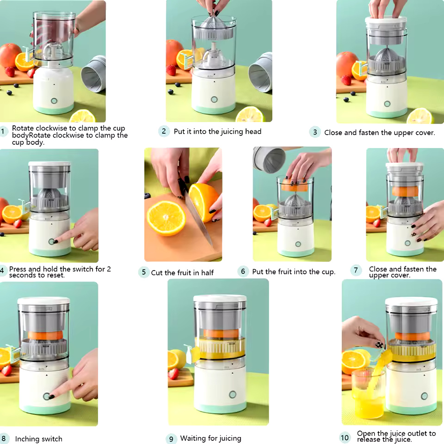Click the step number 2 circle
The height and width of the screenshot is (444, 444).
point(164,131)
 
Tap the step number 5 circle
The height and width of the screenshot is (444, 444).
point(144,272)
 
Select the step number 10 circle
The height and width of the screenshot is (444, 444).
point(345,438)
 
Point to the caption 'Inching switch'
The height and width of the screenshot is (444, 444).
point(38,438)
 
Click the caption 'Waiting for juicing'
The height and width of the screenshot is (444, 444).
point(211,438)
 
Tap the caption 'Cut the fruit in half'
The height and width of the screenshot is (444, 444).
point(182,272)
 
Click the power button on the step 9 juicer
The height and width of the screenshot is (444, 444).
point(233,395)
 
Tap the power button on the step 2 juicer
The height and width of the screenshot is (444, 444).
point(214,99)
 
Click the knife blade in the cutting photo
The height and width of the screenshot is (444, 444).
point(198,218)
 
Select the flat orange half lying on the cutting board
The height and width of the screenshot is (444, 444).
point(166,218)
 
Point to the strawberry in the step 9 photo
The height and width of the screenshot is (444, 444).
point(173,374)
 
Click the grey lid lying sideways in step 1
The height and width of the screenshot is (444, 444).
point(94,74)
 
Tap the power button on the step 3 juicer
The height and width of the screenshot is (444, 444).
point(387,104)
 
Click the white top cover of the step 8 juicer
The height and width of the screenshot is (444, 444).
point(43,301)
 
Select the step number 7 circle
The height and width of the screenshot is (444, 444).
point(356,270)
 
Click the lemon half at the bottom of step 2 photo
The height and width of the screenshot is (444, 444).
point(250,115)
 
